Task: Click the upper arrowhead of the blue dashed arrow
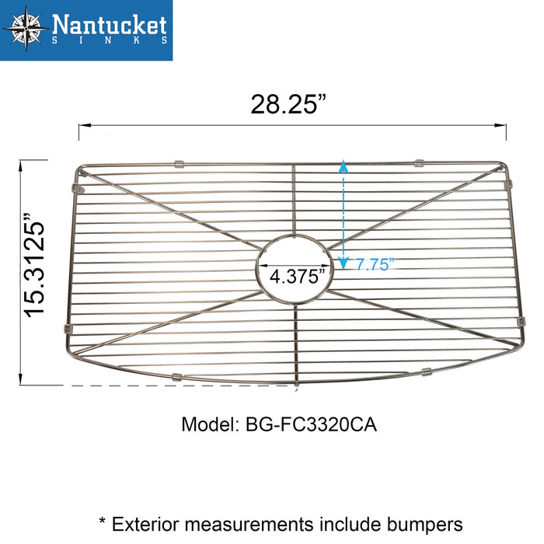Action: coord(342,166)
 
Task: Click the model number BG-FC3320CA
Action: coord(315,426)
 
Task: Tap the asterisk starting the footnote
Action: coord(102,522)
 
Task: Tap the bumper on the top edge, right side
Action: coord(419,163)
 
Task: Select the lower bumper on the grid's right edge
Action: coord(520,321)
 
